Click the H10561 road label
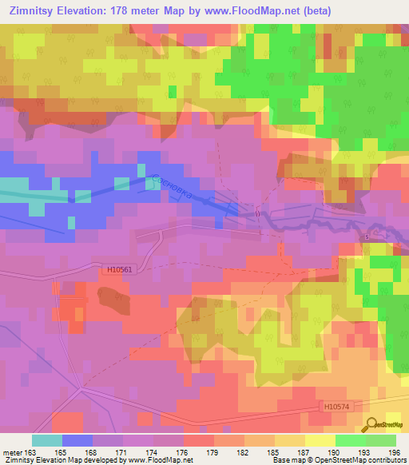pyautogui.click(x=118, y=270)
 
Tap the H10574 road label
pyautogui.click(x=338, y=407)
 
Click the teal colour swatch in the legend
pyautogui.click(x=47, y=440)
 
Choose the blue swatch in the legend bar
pyautogui.click(x=77, y=440)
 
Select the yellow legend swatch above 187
pyautogui.click(x=320, y=440)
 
